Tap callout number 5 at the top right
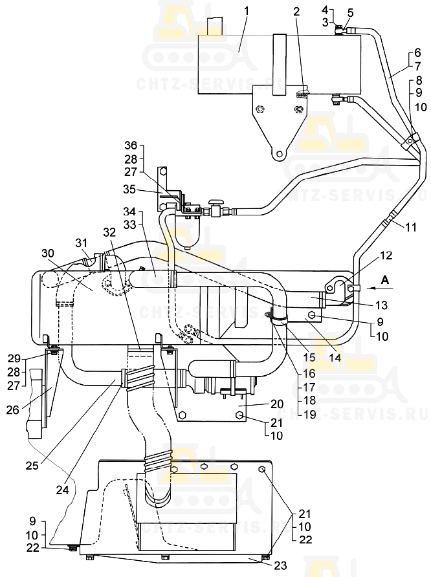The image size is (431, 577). coord(350,12)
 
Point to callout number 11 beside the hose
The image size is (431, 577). coord(412,226)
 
